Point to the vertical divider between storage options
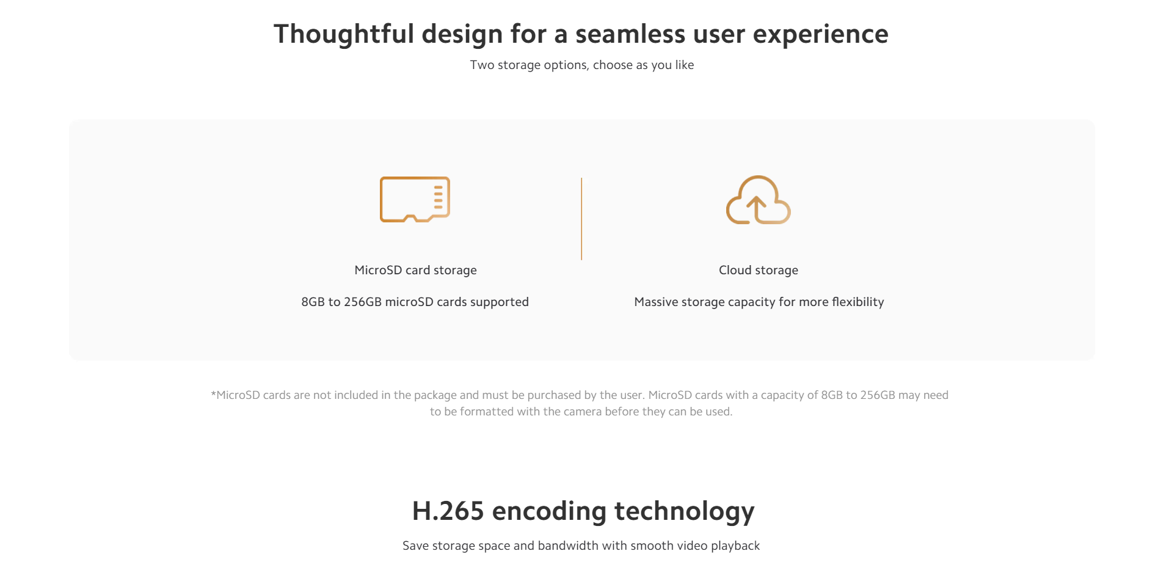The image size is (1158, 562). (581, 219)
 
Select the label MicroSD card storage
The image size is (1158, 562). (415, 270)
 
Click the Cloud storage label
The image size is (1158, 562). (759, 270)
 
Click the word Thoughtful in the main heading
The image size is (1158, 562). (344, 34)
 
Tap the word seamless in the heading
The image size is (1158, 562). (630, 34)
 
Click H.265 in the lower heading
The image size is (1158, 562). (448, 511)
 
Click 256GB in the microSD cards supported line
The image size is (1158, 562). (363, 302)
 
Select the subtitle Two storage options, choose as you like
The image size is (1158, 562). (582, 65)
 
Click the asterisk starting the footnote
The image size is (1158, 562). (214, 394)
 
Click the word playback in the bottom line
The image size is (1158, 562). (735, 546)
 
